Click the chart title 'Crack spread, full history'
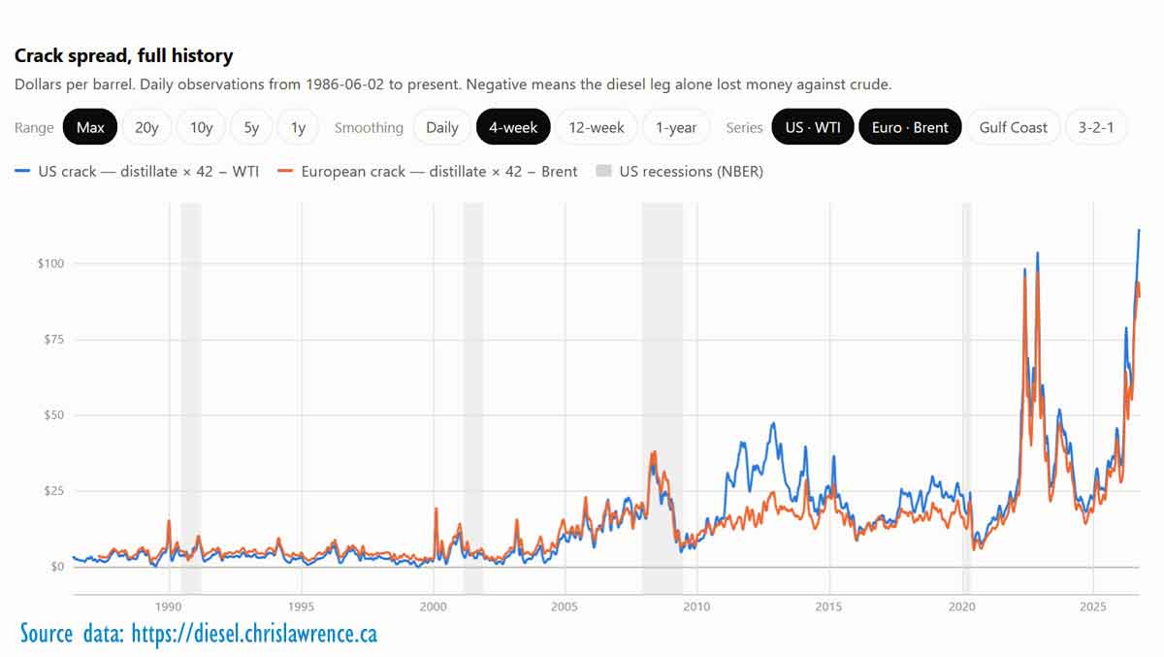click(x=124, y=55)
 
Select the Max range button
click(x=90, y=127)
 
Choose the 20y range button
click(x=146, y=127)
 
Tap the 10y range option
click(x=201, y=127)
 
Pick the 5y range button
click(x=251, y=127)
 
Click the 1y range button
click(x=298, y=127)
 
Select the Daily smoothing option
click(x=441, y=127)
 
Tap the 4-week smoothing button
click(x=513, y=127)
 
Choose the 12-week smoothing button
click(x=596, y=127)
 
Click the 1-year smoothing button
click(x=675, y=127)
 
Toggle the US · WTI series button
click(x=813, y=127)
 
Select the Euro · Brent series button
click(x=910, y=127)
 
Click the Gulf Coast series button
click(x=1013, y=127)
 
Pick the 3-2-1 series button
click(x=1096, y=127)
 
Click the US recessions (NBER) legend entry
click(x=680, y=171)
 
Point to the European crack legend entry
click(x=427, y=171)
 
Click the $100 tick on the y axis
click(x=50, y=264)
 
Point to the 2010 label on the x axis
click(x=696, y=607)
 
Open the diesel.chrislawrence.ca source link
click(x=254, y=634)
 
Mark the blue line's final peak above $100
click(x=1139, y=229)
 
